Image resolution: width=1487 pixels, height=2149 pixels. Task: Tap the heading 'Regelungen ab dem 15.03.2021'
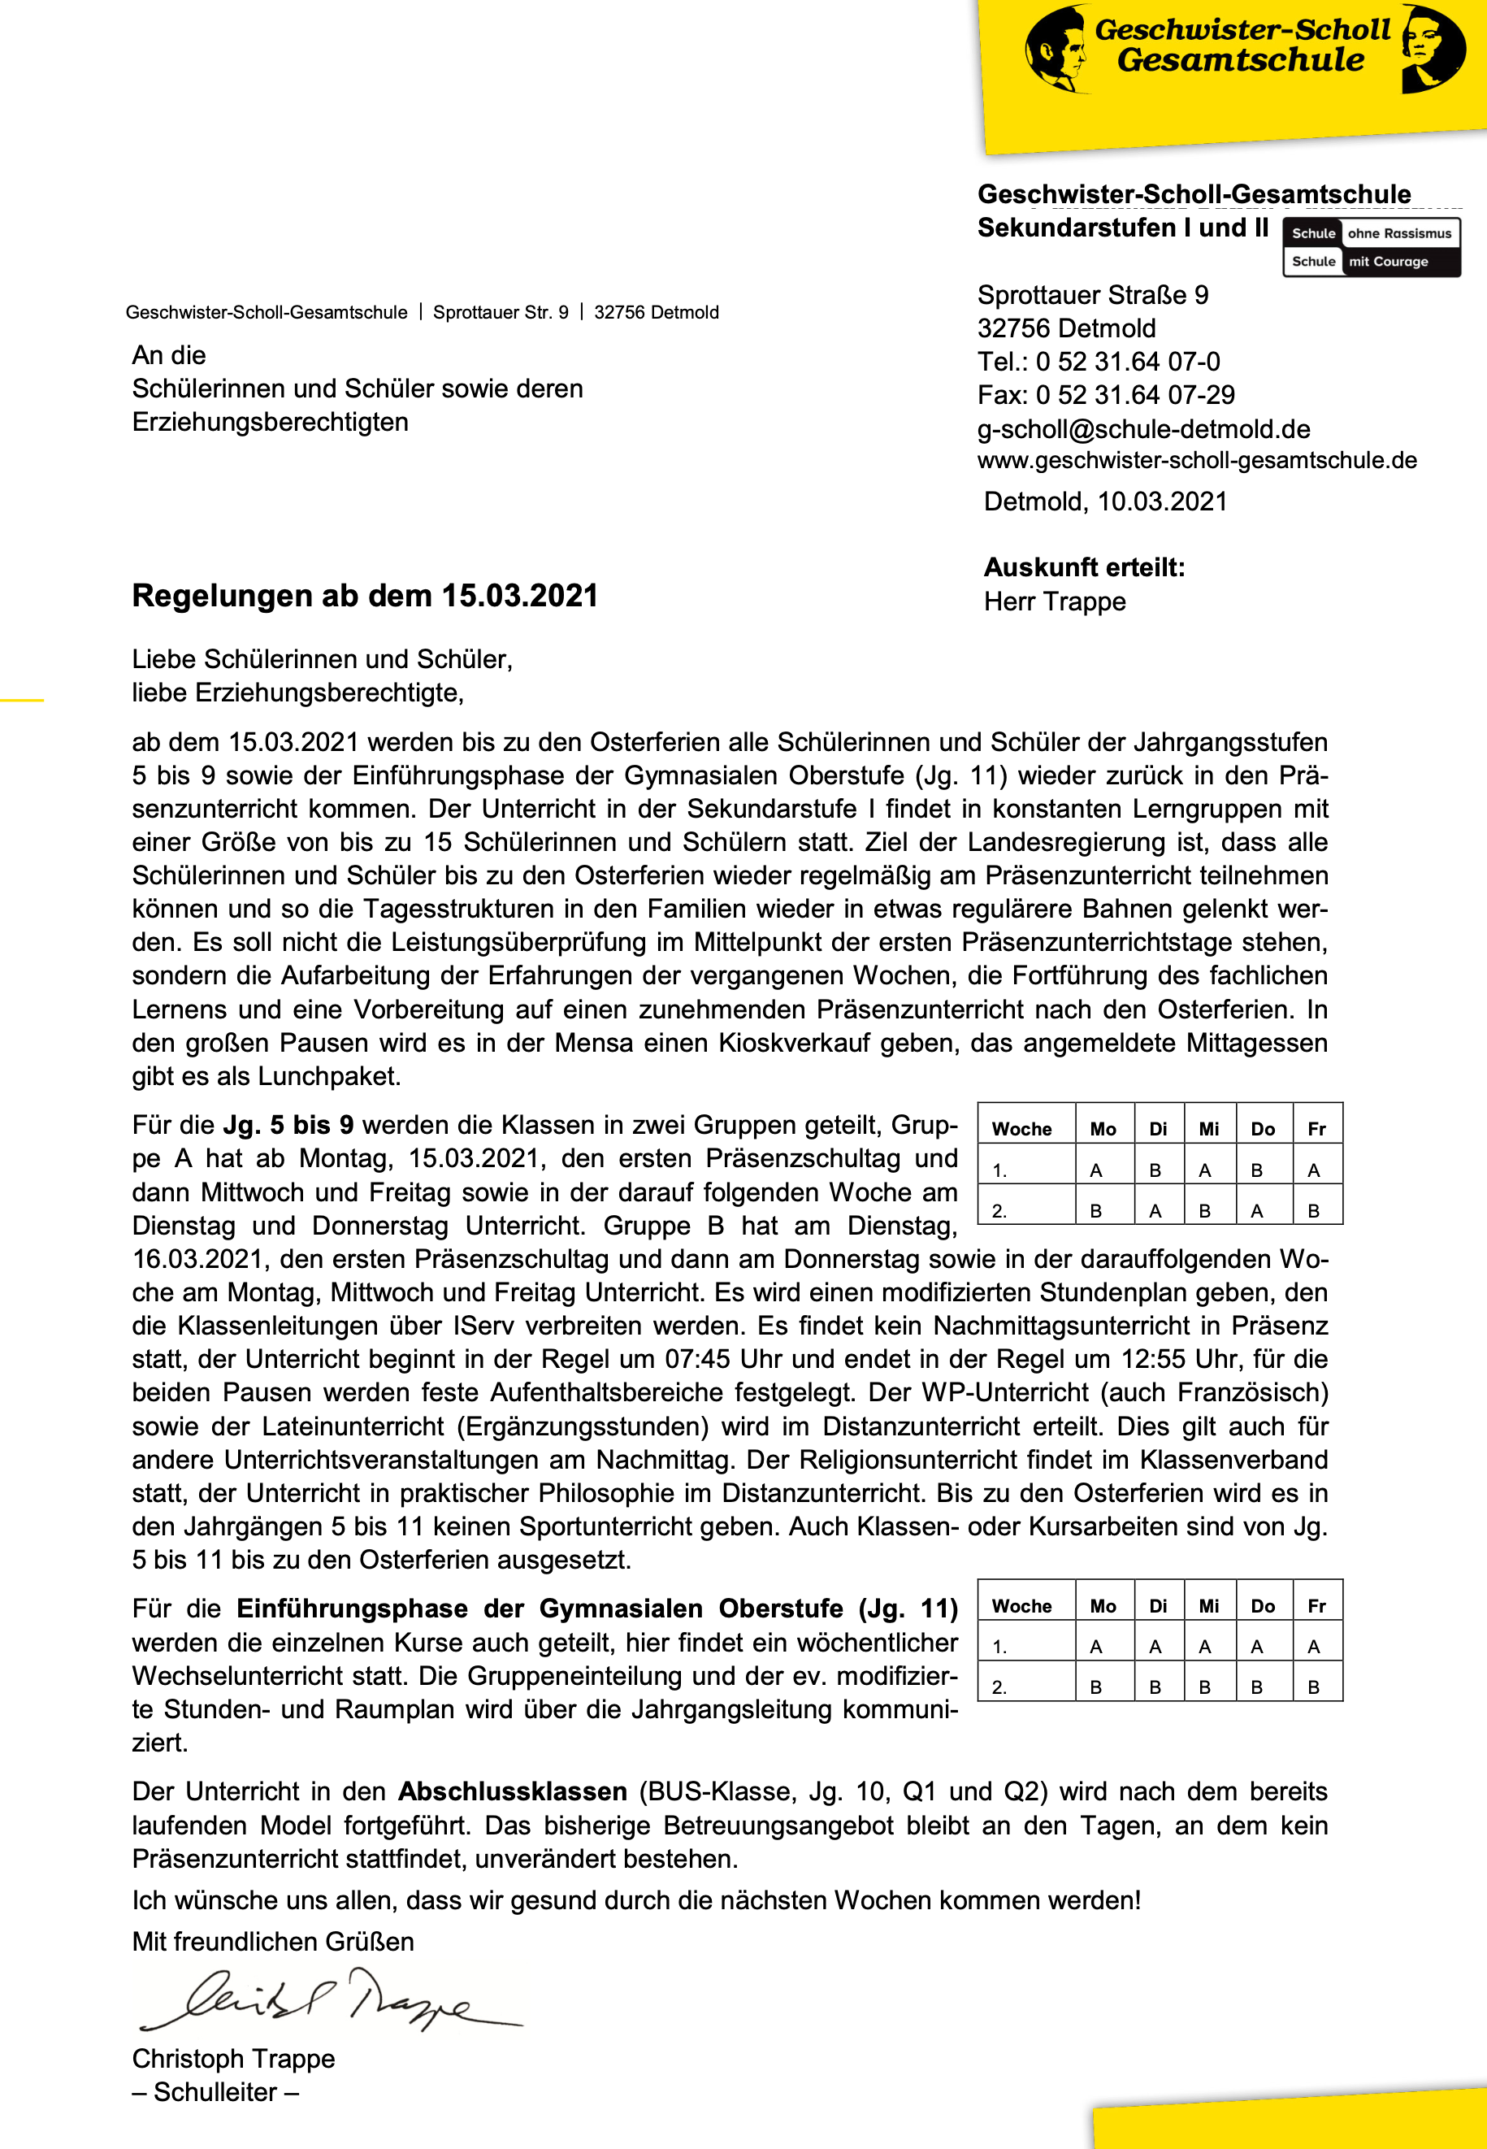coord(364,596)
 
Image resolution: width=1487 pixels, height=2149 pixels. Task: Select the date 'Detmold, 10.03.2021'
coord(1105,501)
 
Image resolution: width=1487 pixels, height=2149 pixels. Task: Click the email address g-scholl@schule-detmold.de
coord(1143,428)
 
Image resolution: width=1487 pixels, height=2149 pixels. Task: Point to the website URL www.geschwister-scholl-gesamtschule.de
coord(1196,460)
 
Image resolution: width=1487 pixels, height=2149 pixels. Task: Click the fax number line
coord(1105,395)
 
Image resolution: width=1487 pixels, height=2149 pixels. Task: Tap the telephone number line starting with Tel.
coord(1098,362)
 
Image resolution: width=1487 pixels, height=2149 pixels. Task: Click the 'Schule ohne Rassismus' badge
coord(1371,234)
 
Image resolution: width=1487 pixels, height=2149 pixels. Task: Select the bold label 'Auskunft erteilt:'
coord(1084,567)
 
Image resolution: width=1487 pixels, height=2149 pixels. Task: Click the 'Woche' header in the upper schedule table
coord(1021,1129)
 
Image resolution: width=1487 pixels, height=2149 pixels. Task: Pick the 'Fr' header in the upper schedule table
coord(1316,1129)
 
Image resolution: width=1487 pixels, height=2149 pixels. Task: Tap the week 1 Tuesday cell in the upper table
coord(1155,1170)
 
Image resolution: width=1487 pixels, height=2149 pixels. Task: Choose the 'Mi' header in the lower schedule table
coord(1208,1606)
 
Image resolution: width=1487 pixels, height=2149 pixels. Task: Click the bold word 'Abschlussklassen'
coord(513,1791)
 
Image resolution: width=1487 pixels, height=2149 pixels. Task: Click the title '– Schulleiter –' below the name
coord(215,2092)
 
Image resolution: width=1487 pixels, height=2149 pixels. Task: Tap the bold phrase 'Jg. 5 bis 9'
coord(288,1125)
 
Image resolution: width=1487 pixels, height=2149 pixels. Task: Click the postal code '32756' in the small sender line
coord(618,312)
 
